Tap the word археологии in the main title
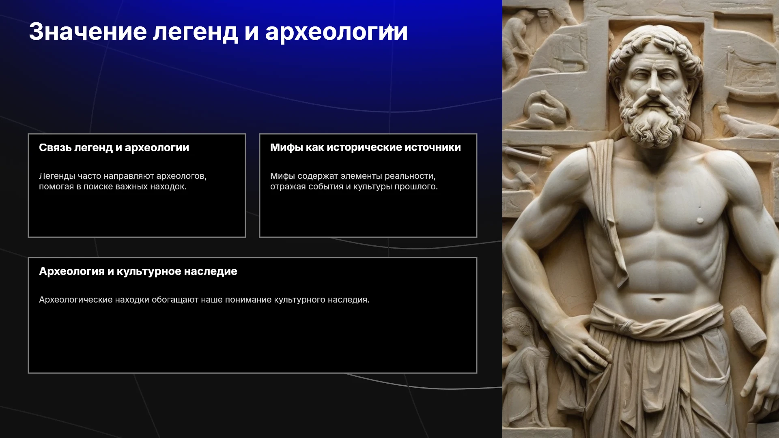pos(336,32)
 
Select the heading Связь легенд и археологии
pos(114,148)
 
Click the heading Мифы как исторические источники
pos(366,148)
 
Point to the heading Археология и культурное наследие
pos(138,272)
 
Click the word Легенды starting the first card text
pos(57,176)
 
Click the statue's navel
pos(657,300)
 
